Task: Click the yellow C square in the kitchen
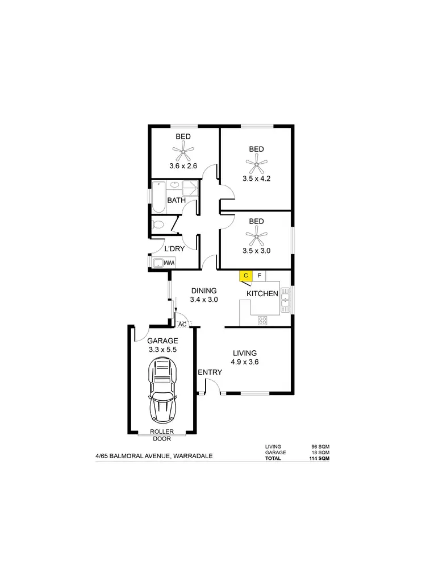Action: tap(245, 276)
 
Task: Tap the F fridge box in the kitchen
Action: tap(260, 276)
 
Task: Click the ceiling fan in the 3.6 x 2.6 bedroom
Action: tap(183, 151)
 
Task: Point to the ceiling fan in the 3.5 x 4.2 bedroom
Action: tap(256, 165)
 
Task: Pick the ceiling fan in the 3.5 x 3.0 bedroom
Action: tap(256, 235)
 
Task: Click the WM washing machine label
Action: tap(168, 263)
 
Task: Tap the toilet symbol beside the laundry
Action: tap(159, 224)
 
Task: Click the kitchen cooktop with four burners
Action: tap(263, 320)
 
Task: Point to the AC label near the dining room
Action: tap(182, 324)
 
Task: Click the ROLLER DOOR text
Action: tap(162, 435)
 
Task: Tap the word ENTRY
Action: tap(210, 372)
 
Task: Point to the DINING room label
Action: tap(204, 291)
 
